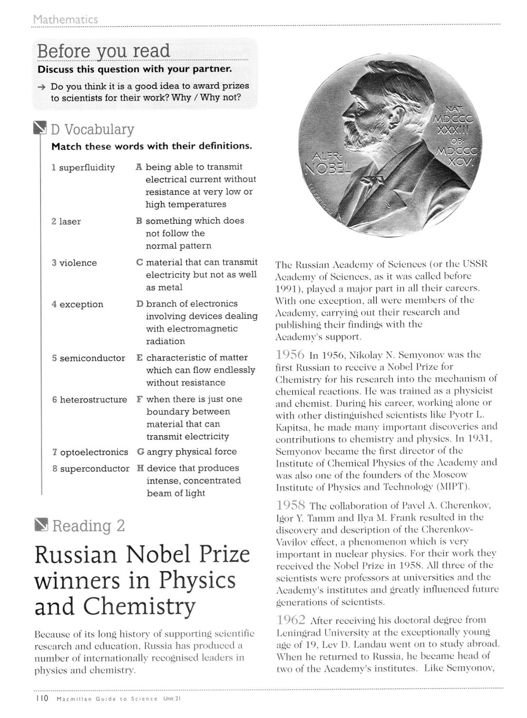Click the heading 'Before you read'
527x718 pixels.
103,52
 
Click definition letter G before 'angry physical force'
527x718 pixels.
141,452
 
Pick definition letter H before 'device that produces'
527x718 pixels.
141,468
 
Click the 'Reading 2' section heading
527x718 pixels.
89,526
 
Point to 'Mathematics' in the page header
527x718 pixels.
65,19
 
